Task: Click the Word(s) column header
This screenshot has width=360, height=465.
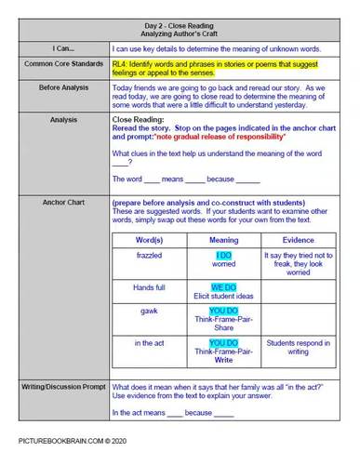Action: click(149, 239)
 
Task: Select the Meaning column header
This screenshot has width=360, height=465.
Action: click(222, 239)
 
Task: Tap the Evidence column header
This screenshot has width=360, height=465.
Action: click(298, 239)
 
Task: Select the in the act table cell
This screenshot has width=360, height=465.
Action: click(149, 343)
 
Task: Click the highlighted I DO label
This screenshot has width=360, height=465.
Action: click(223, 254)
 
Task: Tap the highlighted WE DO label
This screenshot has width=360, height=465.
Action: click(223, 286)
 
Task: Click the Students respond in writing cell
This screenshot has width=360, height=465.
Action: click(298, 348)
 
